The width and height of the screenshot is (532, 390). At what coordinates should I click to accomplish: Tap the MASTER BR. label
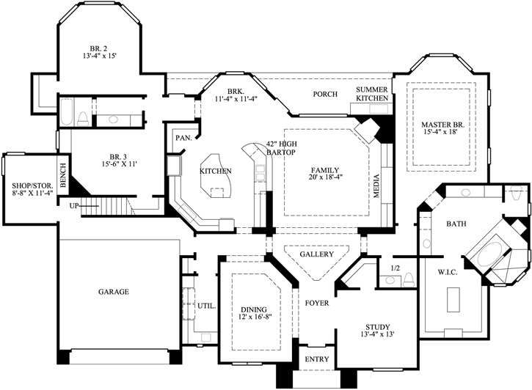click(x=439, y=124)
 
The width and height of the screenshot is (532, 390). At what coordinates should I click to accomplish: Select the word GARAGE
click(x=114, y=292)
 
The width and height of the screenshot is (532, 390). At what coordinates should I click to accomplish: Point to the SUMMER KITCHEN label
click(x=372, y=94)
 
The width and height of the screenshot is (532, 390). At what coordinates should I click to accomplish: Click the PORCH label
click(x=325, y=94)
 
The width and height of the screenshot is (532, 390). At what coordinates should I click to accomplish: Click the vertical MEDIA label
click(x=376, y=187)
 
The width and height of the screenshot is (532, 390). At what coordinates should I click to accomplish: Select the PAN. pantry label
click(x=183, y=138)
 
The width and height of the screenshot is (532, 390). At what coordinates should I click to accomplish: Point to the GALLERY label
click(x=316, y=254)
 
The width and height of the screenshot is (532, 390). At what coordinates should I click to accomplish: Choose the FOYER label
click(x=317, y=303)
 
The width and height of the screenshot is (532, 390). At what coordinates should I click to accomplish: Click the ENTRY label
click(x=317, y=359)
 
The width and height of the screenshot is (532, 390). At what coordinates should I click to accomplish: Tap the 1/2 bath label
click(x=396, y=269)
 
